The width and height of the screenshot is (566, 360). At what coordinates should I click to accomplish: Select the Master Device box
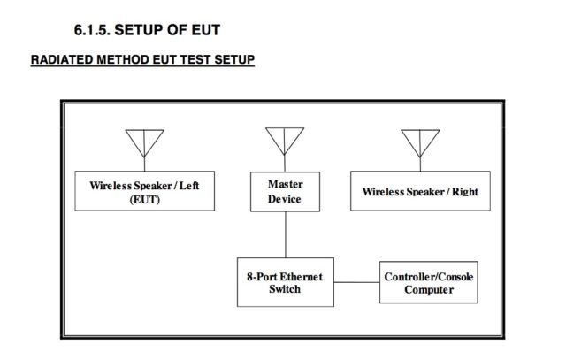click(x=285, y=192)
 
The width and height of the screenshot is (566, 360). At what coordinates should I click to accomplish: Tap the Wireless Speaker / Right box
click(x=420, y=192)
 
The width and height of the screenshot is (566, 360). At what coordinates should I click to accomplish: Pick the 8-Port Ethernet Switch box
click(x=285, y=282)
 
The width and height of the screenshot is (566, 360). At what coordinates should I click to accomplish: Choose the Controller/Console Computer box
click(x=429, y=283)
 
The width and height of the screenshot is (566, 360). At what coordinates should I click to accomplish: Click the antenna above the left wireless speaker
click(x=145, y=144)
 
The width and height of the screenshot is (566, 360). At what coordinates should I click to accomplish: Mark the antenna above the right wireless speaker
click(x=420, y=144)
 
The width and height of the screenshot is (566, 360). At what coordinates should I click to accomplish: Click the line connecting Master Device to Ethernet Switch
click(x=285, y=234)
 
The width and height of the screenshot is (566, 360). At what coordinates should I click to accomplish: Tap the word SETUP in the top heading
click(x=148, y=30)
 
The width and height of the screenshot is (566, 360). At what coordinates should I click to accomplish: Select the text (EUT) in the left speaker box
click(x=146, y=200)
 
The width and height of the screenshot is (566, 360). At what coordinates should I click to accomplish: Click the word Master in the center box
click(x=285, y=184)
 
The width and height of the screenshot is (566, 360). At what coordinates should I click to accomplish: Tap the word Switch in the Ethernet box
click(x=285, y=289)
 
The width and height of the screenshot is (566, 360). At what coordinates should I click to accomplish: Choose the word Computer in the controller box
click(x=429, y=290)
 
